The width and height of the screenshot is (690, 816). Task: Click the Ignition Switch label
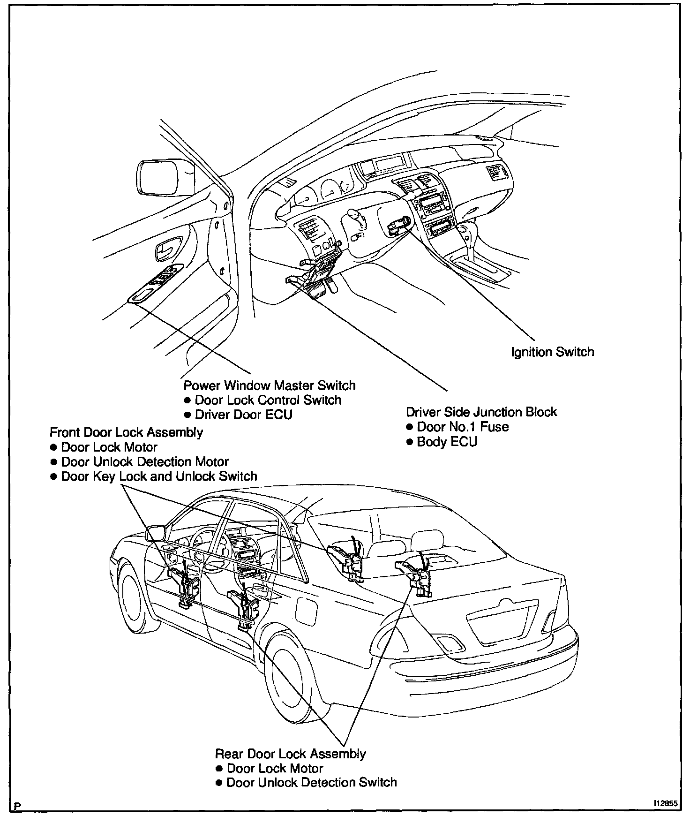[x=552, y=352]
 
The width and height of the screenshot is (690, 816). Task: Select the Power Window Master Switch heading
[x=269, y=385]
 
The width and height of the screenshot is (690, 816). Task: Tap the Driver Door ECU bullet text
[x=243, y=415]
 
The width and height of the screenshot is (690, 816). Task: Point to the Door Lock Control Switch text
[x=268, y=400]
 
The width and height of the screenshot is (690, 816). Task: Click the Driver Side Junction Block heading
[x=481, y=412]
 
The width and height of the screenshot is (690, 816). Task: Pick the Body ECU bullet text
[x=447, y=442]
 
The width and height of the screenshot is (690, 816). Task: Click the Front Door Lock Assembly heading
[x=126, y=432]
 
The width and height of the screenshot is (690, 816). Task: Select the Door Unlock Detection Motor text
[x=145, y=462]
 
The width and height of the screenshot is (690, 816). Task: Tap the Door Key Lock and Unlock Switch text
[x=159, y=476]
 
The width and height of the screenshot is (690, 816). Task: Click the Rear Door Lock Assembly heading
[x=290, y=754]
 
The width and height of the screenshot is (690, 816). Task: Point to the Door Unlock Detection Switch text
[x=311, y=783]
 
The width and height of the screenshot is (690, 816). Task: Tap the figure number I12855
[x=665, y=803]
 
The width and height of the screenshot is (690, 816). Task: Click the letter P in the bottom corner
[x=18, y=806]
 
